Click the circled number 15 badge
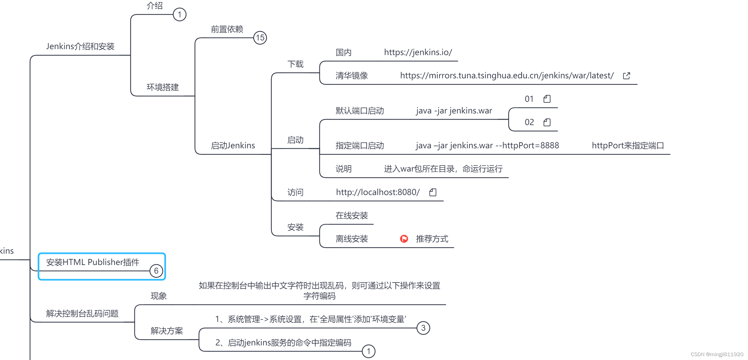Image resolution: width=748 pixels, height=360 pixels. [260, 38]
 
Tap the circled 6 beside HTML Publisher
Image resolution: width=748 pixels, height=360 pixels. [156, 271]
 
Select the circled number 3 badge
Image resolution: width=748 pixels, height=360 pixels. [423, 328]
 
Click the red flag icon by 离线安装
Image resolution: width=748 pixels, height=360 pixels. [404, 239]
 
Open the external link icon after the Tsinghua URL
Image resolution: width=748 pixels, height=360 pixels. [626, 76]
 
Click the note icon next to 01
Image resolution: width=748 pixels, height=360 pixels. [547, 99]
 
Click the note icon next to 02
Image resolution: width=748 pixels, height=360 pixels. [547, 122]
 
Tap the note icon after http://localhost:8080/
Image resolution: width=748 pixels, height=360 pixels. [433, 192]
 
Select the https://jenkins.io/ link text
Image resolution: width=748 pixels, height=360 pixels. [418, 52]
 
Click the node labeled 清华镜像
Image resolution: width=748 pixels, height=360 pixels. [352, 76]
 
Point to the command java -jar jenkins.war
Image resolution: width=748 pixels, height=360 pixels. [454, 111]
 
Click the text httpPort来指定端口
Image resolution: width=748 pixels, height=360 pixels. [628, 146]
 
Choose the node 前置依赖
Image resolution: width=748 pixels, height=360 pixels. [227, 29]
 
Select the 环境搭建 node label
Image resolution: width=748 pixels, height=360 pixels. [163, 87]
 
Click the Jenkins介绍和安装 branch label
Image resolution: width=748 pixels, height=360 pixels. [80, 46]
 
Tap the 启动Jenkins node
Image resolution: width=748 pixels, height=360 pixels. [233, 146]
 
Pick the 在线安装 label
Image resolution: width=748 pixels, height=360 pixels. [352, 216]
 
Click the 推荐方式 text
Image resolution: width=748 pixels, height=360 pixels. [432, 239]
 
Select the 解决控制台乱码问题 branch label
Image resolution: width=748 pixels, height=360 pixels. [82, 314]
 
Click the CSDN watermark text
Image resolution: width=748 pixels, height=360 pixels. [717, 354]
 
